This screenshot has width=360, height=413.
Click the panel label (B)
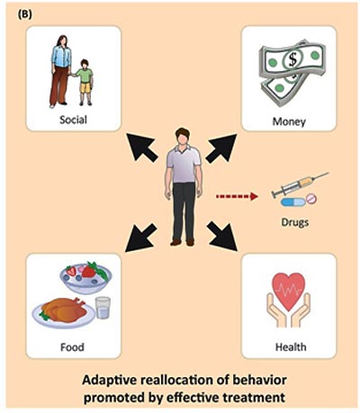25,14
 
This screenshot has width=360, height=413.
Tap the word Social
73,120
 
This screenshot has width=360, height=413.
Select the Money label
289,121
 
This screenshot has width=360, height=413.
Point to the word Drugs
294,222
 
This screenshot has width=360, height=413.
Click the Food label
72,347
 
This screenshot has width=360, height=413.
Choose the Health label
291,347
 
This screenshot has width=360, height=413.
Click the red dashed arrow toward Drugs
237,196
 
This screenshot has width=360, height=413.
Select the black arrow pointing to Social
141,148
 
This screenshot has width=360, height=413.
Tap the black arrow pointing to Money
221,148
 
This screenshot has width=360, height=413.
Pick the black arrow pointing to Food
140,238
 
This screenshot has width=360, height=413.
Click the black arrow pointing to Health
222,236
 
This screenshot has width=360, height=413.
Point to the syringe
300,184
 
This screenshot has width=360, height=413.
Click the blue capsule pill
292,202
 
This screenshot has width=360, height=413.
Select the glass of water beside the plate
103,308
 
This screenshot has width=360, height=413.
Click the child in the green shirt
85,82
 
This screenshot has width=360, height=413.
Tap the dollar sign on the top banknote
292,59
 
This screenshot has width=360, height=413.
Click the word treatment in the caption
251,398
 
